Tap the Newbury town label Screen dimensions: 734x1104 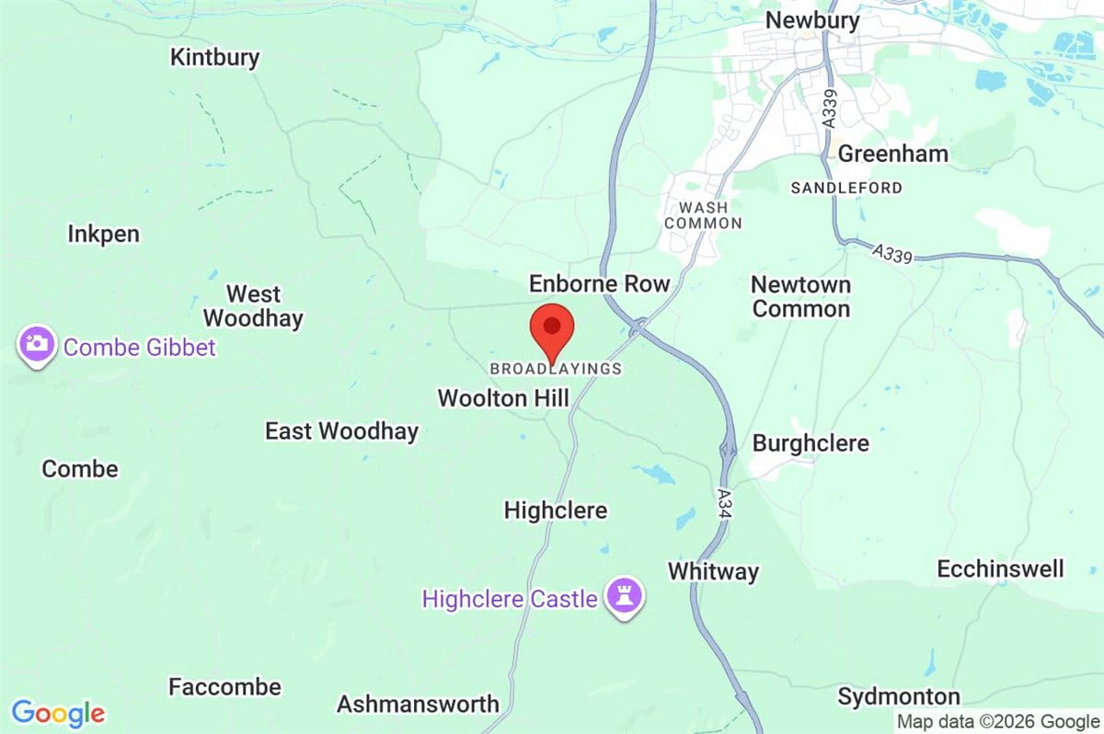(812, 20)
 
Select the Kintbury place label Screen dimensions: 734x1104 (214, 57)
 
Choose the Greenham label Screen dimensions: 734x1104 (892, 154)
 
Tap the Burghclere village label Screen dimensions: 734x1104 (811, 443)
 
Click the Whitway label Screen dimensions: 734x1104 (713, 571)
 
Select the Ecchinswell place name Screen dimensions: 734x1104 (1000, 568)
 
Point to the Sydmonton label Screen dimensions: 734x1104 (899, 696)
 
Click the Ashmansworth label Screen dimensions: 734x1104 (418, 704)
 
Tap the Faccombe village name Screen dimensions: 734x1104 (224, 686)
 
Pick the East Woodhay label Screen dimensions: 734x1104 (341, 430)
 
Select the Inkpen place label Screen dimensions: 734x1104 (103, 234)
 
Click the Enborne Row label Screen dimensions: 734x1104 (599, 283)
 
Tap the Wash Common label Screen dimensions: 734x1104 (703, 215)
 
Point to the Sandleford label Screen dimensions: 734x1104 (846, 188)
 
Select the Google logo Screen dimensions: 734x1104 (58, 713)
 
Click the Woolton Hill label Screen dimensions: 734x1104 (503, 398)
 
